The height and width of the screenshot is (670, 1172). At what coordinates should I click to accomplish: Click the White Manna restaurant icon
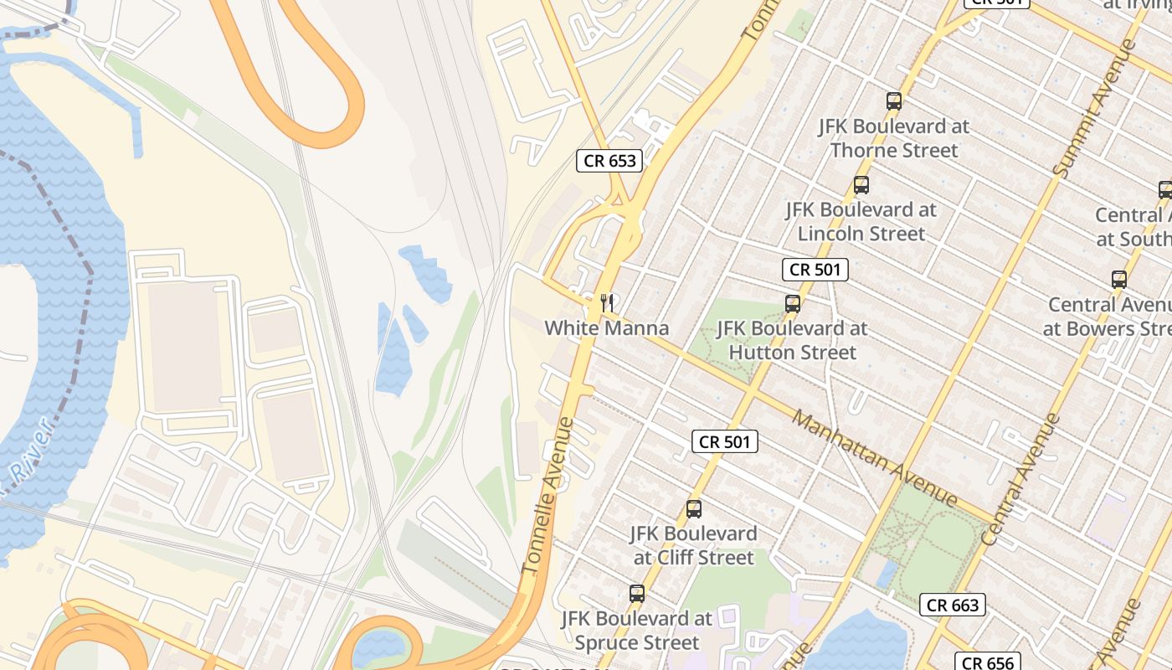coord(608,302)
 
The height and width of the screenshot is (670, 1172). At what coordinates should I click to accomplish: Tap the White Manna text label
coord(607,328)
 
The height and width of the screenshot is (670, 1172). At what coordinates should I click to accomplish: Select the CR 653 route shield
coord(609,161)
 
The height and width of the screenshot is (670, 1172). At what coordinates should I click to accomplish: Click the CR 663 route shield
coord(953,605)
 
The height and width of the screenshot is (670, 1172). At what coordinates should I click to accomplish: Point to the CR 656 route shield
coord(988,662)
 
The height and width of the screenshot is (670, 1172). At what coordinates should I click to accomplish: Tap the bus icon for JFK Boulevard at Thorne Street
coord(894,101)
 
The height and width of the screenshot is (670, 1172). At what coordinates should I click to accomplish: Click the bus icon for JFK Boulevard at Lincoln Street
coord(861,185)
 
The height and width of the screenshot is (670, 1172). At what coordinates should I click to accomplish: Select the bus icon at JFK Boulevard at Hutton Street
coord(793,303)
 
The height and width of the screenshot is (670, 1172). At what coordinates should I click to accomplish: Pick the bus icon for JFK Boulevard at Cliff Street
coord(693,508)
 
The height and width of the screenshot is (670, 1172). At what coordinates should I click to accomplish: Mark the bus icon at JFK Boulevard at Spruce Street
coord(637,594)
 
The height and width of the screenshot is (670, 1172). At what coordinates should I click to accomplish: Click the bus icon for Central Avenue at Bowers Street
coord(1119,279)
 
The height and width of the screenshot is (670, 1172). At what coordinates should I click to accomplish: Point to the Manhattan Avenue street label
coord(875,458)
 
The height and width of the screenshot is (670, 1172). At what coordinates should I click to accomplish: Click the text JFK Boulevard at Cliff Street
coord(693,545)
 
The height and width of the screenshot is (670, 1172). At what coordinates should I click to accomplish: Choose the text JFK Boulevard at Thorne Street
coord(894,138)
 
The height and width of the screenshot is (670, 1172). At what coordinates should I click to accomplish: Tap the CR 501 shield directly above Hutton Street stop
coord(815,270)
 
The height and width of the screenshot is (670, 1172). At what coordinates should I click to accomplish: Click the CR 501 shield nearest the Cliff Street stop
coord(725,441)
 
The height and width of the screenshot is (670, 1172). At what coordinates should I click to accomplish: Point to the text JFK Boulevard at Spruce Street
coord(637,631)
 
